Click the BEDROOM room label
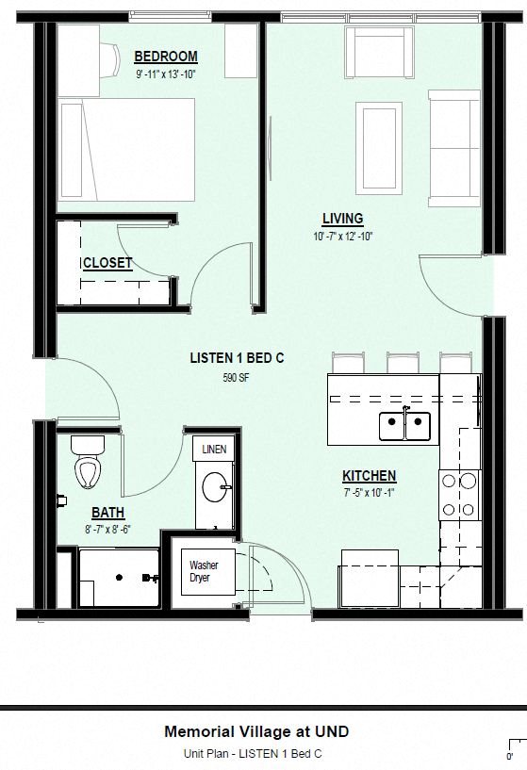[166, 57]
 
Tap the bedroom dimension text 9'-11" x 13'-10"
[166, 74]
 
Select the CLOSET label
[107, 263]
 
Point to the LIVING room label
[343, 219]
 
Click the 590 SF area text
[237, 378]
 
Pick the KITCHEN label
[370, 476]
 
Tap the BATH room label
[108, 513]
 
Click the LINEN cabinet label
[214, 450]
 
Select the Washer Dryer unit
[207, 571]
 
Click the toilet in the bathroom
[88, 462]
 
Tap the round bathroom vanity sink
[215, 486]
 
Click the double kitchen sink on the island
[404, 426]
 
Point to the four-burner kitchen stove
[460, 495]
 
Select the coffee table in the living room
[379, 148]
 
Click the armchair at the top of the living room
[379, 52]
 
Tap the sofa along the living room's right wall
[453, 148]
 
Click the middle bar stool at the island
[403, 363]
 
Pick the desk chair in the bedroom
[110, 59]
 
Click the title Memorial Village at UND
[256, 731]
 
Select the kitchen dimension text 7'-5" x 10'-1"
[370, 493]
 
